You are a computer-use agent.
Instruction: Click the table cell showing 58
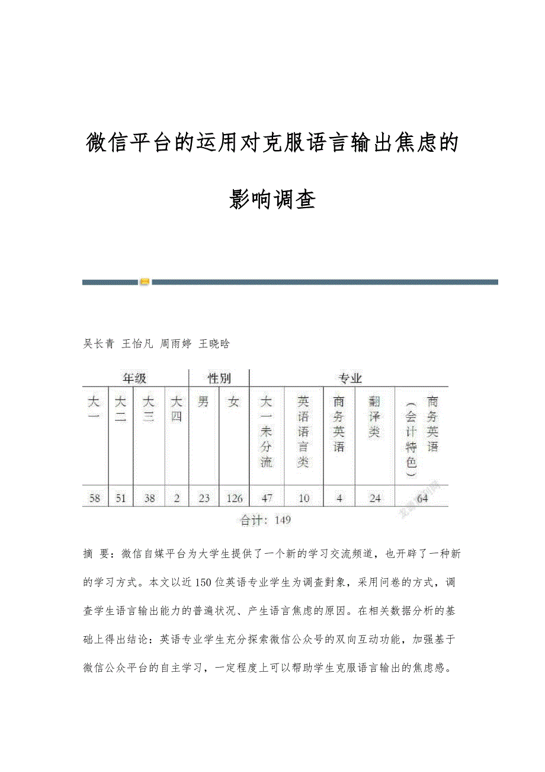click(x=95, y=498)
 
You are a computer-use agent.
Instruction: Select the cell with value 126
click(x=235, y=498)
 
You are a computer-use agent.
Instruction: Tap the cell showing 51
click(x=121, y=498)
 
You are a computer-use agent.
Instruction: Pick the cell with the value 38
click(x=149, y=498)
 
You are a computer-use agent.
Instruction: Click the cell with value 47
click(x=267, y=498)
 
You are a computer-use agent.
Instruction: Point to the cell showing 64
click(x=422, y=498)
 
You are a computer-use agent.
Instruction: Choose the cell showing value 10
click(x=304, y=498)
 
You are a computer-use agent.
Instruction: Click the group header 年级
click(x=134, y=378)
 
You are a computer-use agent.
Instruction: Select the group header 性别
click(x=219, y=378)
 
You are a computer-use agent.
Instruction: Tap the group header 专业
click(x=350, y=378)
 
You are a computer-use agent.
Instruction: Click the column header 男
click(x=204, y=402)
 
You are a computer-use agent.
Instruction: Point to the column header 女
click(x=235, y=402)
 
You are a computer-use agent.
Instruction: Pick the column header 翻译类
click(x=374, y=417)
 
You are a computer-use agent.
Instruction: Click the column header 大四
click(x=177, y=409)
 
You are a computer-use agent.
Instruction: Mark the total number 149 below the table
click(x=283, y=521)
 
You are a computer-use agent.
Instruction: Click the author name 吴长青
click(x=98, y=343)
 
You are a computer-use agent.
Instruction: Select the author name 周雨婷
click(x=176, y=343)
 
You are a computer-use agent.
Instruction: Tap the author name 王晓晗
click(x=214, y=343)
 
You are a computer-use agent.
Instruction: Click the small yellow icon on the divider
click(x=145, y=282)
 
